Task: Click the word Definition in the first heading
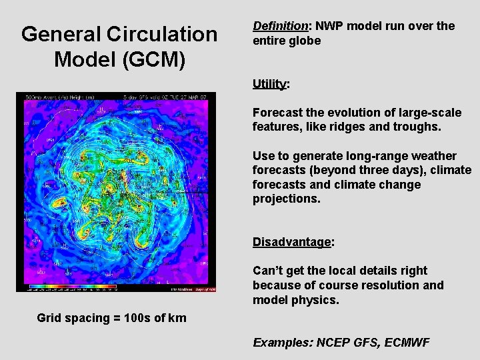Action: [x=280, y=27]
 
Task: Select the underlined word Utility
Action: [x=269, y=84]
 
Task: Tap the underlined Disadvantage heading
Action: [x=291, y=242]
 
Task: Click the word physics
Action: [x=319, y=300]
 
